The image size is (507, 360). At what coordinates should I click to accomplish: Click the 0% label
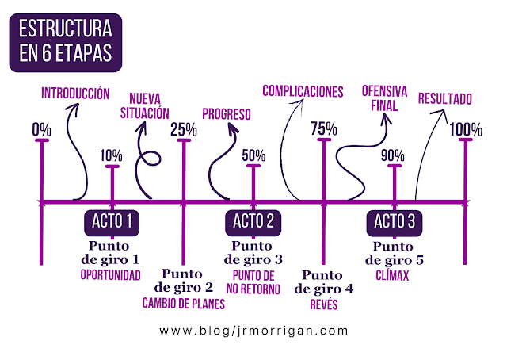(42, 128)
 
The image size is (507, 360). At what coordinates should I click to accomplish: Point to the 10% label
(112, 155)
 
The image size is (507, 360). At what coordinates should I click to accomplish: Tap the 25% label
(184, 128)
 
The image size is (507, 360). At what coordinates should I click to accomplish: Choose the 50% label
(253, 155)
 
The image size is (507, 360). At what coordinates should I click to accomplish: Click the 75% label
(324, 128)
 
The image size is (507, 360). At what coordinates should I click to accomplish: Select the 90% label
(393, 155)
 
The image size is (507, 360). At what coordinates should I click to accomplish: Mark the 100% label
(465, 128)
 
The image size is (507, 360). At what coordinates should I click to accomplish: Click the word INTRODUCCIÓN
(75, 94)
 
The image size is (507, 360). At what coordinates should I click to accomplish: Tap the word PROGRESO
(226, 114)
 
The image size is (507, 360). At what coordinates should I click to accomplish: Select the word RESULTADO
(444, 99)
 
